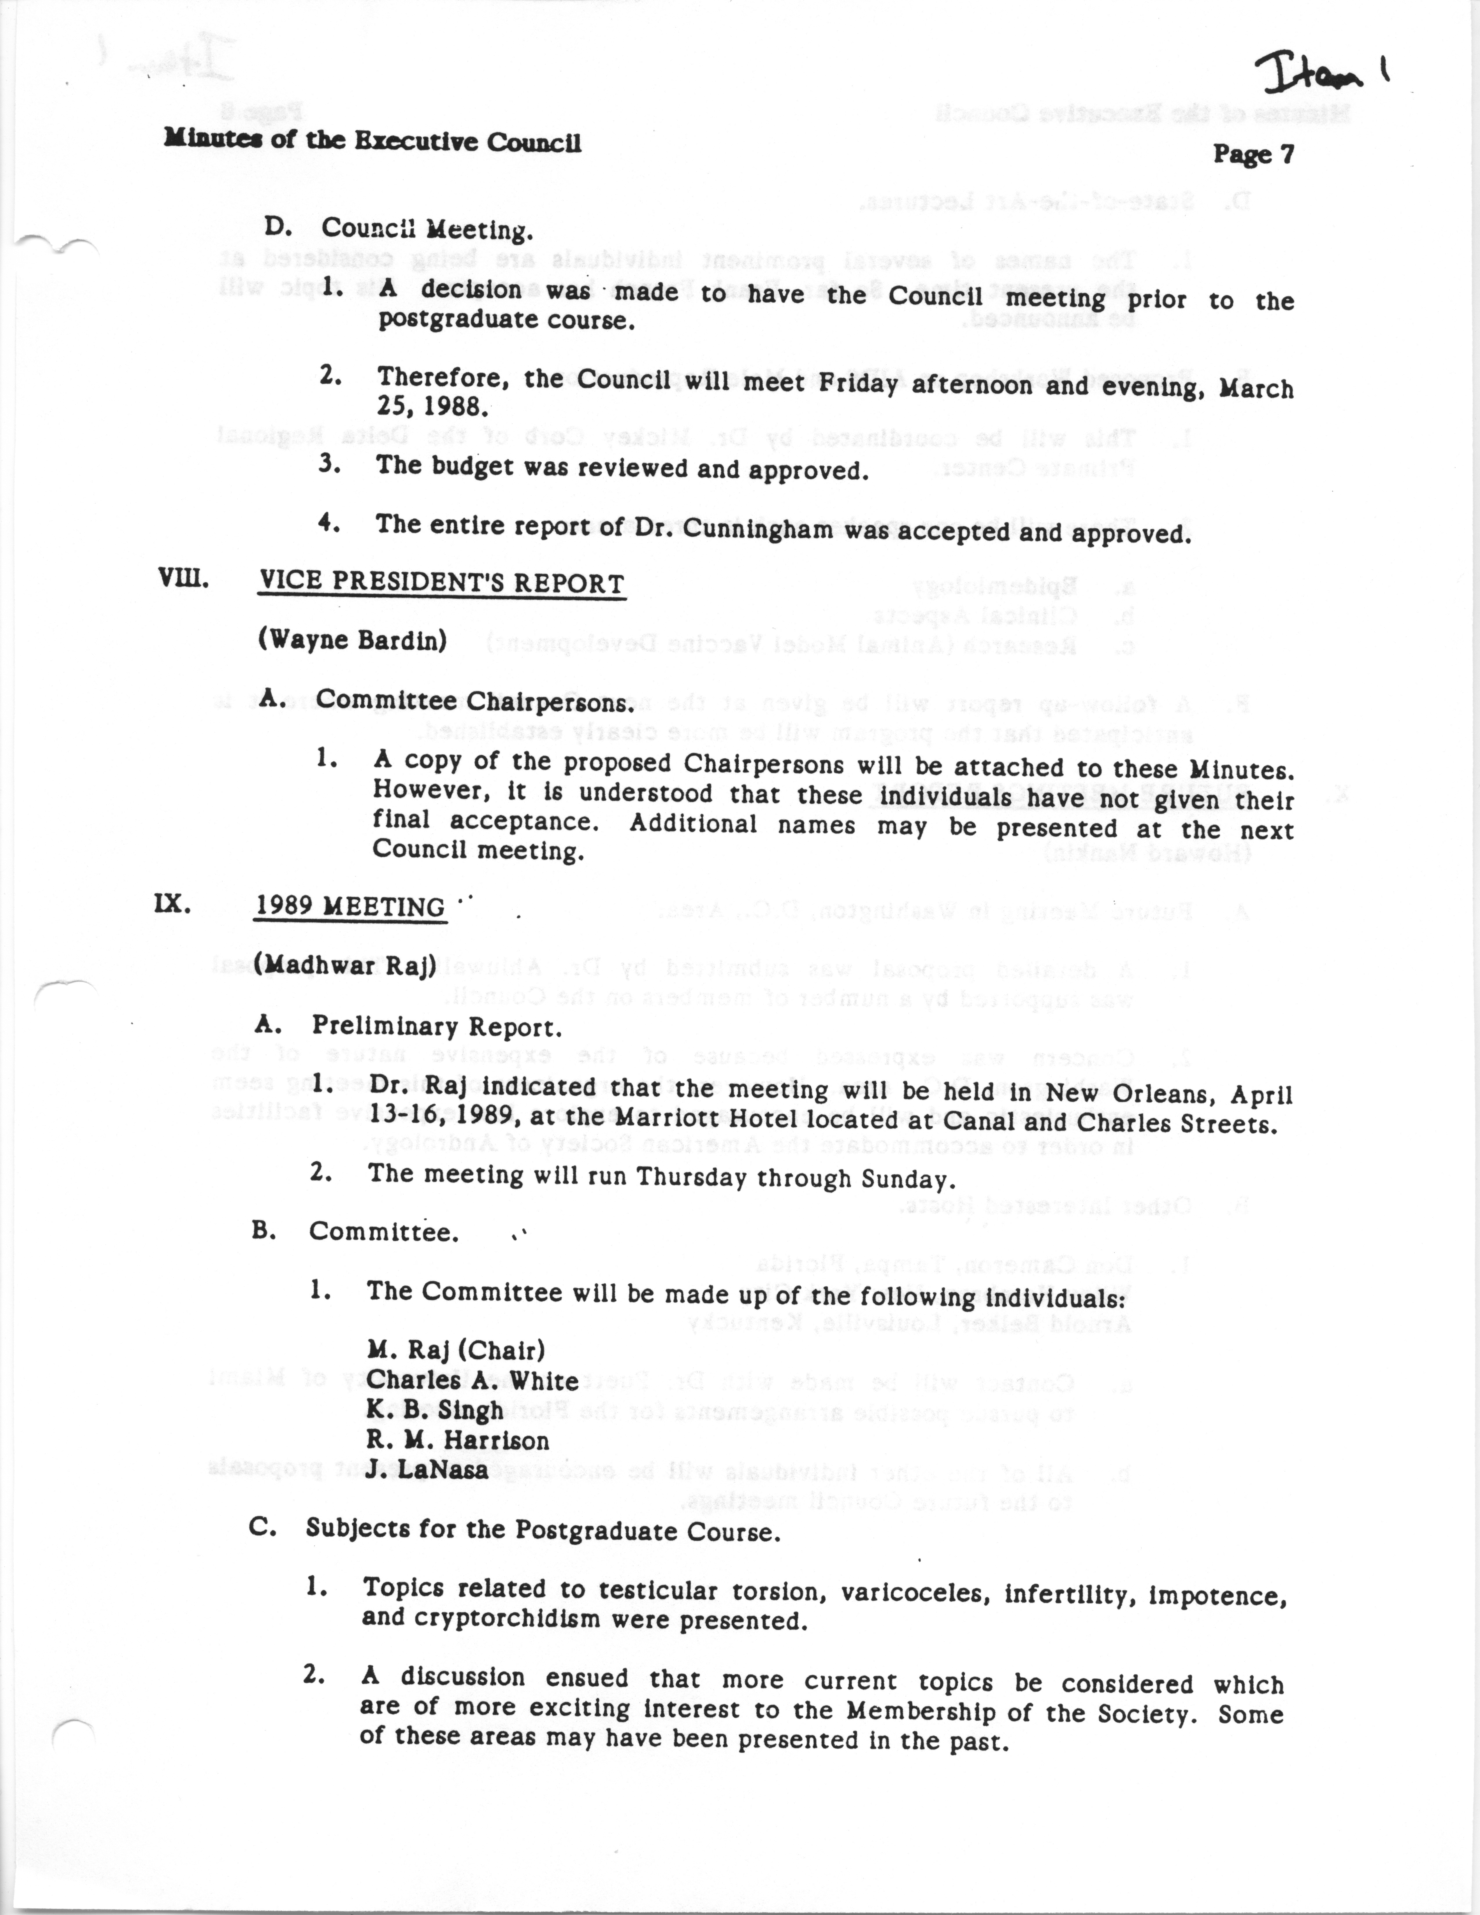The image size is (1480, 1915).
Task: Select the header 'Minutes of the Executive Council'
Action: tap(373, 141)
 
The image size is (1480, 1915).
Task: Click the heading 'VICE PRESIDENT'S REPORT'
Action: tap(441, 584)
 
